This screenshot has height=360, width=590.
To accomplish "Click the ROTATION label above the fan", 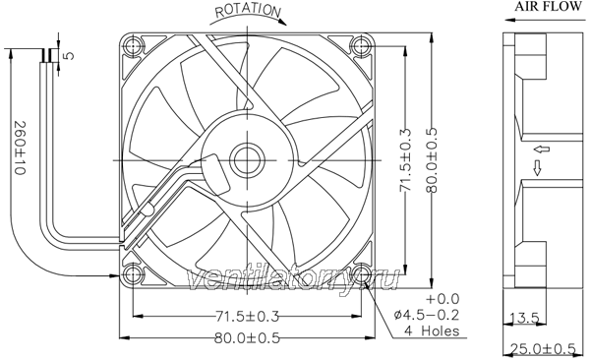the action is [248, 11].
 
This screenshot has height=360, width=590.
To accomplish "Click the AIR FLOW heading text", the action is [548, 7].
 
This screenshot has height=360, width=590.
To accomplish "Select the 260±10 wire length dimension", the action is [20, 148].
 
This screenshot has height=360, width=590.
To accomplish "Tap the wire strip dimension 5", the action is [69, 56].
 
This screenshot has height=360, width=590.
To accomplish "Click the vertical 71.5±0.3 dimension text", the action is [405, 159].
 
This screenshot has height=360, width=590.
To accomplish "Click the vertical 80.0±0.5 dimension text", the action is [432, 160].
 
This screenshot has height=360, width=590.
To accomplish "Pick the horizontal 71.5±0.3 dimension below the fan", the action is [247, 316].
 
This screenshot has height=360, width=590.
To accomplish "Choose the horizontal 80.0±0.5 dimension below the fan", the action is [247, 337].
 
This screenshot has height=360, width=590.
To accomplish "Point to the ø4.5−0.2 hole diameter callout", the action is [427, 314].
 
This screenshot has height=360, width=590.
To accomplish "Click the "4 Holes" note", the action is [432, 330].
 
